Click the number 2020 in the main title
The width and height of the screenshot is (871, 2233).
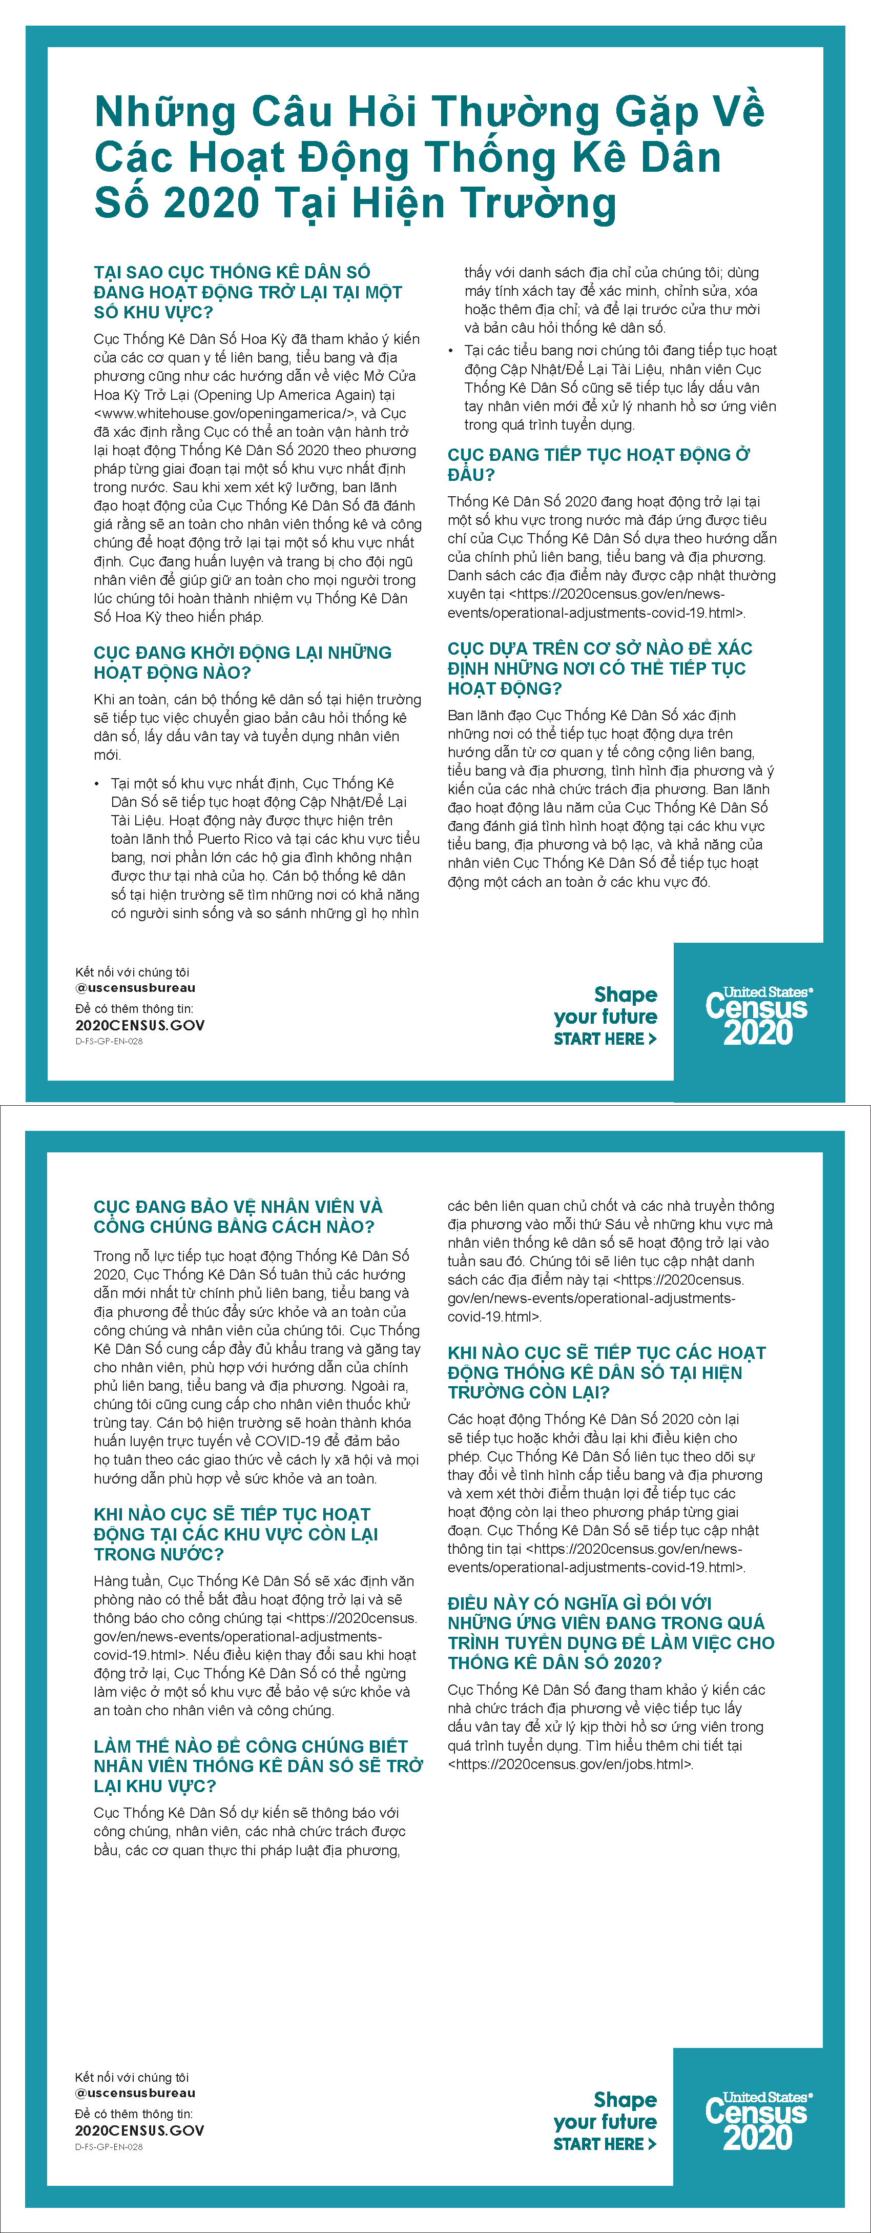click(212, 203)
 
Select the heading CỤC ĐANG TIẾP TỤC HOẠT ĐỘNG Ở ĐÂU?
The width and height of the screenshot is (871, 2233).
click(598, 464)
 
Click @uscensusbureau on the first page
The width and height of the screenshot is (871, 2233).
click(135, 987)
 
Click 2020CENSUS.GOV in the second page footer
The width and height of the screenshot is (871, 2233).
click(139, 2130)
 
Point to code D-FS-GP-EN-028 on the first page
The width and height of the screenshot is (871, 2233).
click(109, 1041)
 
